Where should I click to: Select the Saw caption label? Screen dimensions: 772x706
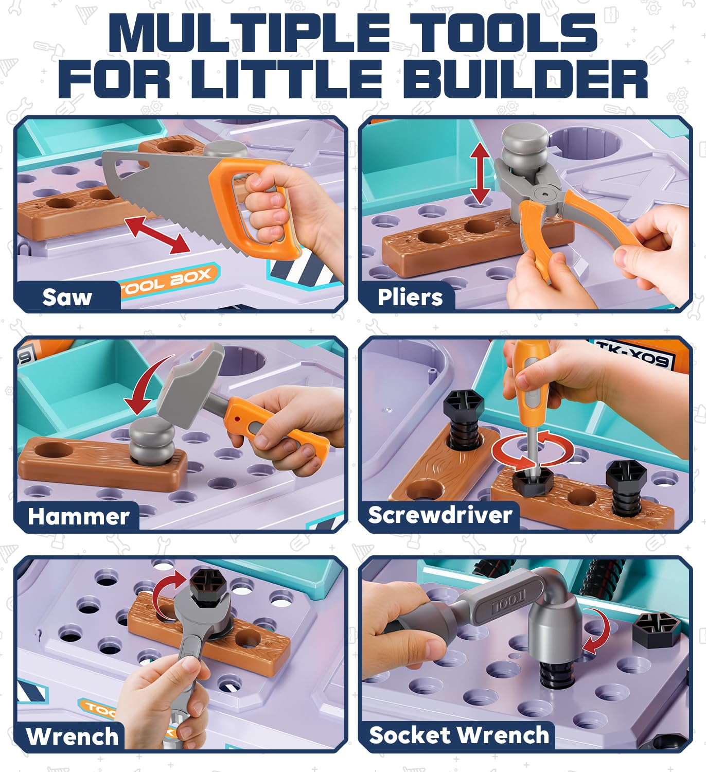coord(67,297)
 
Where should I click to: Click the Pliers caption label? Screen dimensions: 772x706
coord(410,297)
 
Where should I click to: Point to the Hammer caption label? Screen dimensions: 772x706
coord(78,516)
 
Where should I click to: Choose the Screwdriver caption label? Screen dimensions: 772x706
coord(440,515)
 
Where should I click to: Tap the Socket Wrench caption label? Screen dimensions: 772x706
coord(458,735)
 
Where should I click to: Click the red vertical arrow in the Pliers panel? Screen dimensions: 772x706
coord(480,173)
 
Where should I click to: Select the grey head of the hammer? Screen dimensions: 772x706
coord(188,383)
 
